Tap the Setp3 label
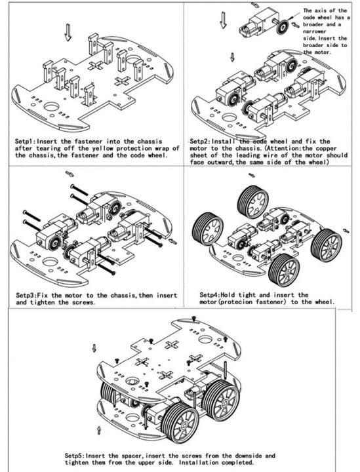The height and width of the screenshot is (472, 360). (26, 296)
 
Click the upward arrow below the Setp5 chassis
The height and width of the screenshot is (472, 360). (99, 429)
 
